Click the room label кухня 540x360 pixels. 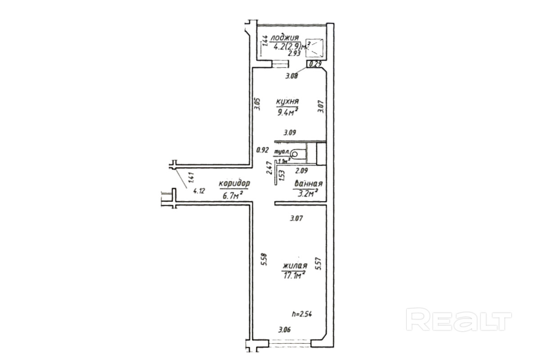point(288,102)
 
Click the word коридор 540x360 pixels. point(234,184)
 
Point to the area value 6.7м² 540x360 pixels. point(233,195)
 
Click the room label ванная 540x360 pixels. point(308,184)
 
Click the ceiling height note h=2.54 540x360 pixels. point(302,314)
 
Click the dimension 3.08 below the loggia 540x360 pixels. point(292,76)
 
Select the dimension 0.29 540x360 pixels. point(316,64)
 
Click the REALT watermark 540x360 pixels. point(459,320)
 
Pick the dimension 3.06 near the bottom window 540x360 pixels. point(284,330)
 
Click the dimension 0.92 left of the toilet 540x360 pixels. point(262,150)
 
